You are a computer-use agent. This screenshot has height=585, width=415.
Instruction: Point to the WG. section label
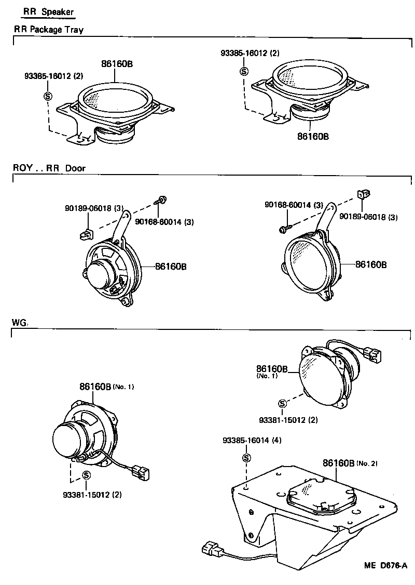(20, 323)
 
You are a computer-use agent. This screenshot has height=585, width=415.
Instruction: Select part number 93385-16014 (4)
(252, 441)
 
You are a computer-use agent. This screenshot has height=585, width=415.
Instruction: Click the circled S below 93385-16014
(246, 458)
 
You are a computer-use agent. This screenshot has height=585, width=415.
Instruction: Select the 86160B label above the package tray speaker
(117, 64)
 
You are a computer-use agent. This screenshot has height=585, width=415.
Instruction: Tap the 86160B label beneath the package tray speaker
(313, 136)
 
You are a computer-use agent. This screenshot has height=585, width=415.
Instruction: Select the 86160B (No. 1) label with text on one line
(106, 387)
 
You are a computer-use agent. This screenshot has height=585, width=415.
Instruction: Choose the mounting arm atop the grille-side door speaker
(327, 218)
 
